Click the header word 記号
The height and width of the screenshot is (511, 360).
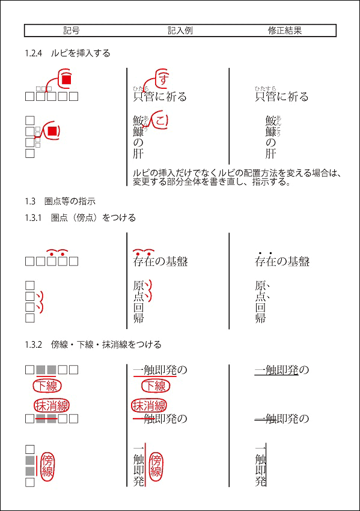pos(72,31)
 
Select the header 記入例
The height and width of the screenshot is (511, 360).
pos(180,31)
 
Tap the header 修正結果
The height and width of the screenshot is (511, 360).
pos(284,31)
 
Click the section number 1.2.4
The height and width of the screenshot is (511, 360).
pos(33,53)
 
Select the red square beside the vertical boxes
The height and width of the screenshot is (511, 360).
pos(52,131)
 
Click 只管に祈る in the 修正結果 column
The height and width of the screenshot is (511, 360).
pos(281,97)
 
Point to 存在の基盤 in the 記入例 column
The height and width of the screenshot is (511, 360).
pos(160,262)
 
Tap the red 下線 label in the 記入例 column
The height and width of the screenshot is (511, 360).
pos(154,386)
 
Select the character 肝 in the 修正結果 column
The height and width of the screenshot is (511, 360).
pos(270,154)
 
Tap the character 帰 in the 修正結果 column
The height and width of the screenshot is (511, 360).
pos(261,318)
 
